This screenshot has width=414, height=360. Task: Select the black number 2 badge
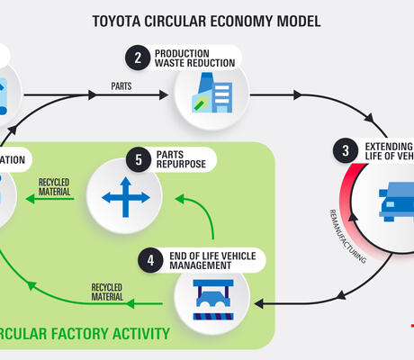tap(137, 58)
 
